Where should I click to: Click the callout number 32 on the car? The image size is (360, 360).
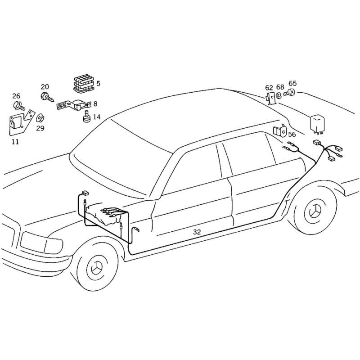tap(197, 232)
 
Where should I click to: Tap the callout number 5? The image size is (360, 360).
tap(98, 83)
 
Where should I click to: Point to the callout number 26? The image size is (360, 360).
tap(16, 96)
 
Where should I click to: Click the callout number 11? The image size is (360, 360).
tap(16, 142)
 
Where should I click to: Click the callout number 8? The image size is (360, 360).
tap(95, 103)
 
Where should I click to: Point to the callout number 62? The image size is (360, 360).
tap(269, 87)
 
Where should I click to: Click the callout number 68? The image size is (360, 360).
tap(280, 87)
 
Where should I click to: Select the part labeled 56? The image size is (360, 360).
tap(279, 131)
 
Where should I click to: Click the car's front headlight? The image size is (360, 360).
tap(41, 243)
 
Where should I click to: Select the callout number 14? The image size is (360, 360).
tap(97, 117)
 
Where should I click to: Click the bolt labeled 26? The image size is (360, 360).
tap(19, 106)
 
